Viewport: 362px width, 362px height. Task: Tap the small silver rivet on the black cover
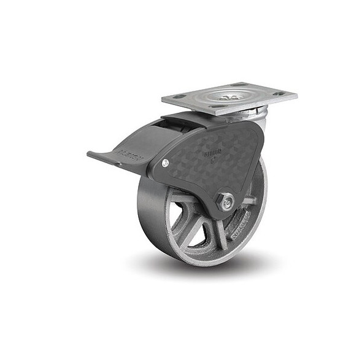(x=166, y=163)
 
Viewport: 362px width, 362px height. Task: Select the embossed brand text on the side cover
(x=213, y=148)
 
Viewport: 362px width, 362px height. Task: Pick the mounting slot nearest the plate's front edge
(x=220, y=106)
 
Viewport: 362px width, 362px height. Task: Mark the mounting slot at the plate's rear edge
(x=241, y=85)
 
